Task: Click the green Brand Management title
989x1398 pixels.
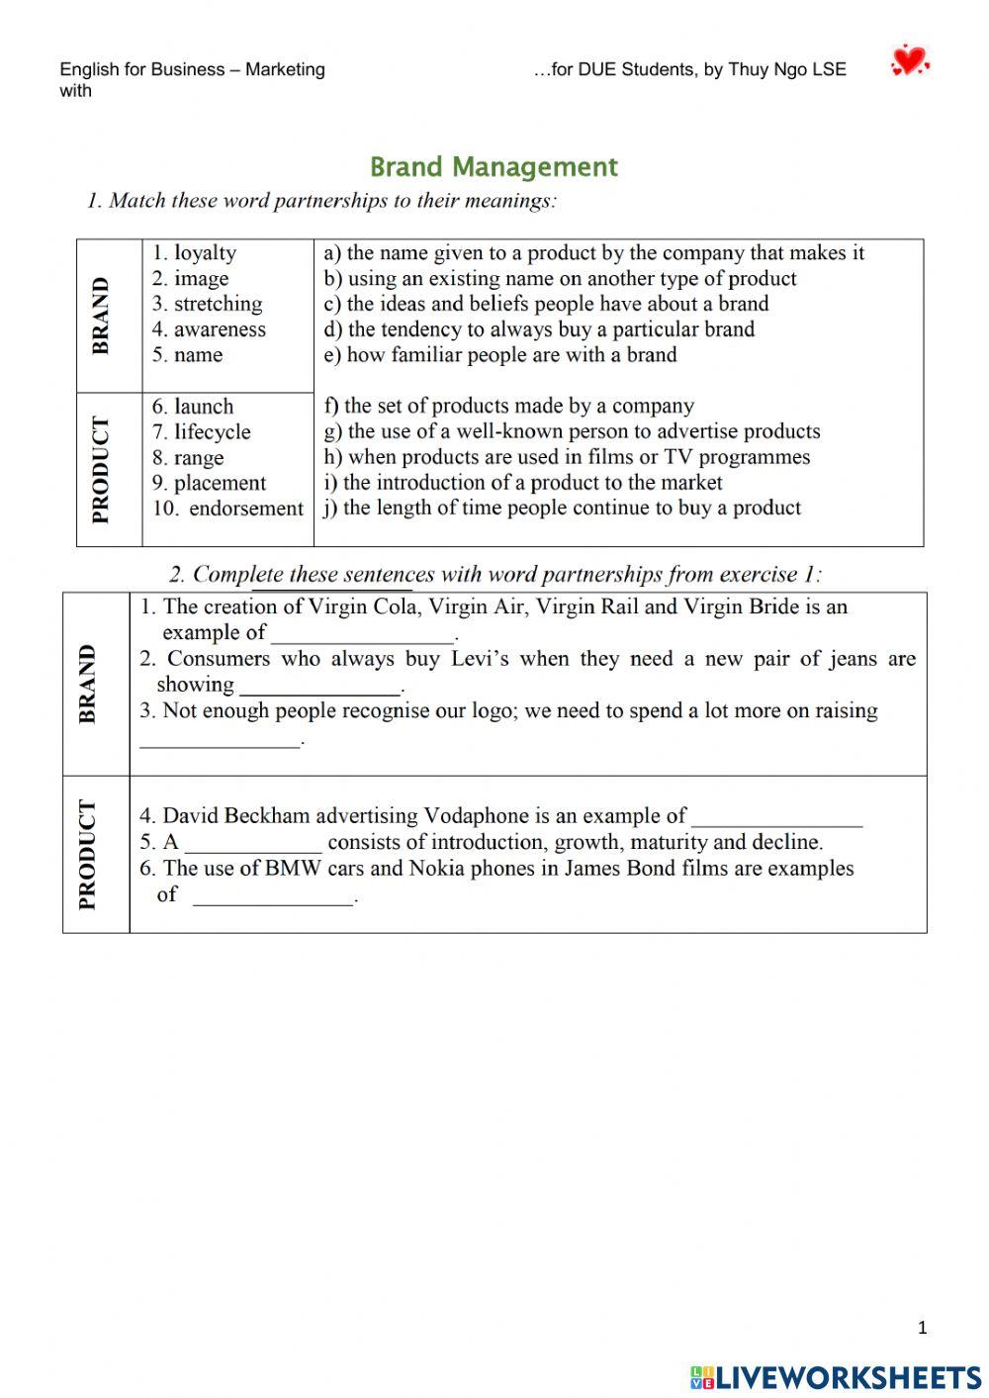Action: tap(494, 167)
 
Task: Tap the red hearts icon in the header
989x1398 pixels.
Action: tap(909, 61)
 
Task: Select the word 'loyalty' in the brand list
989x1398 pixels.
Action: tap(205, 253)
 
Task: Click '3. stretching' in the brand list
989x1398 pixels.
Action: tap(208, 304)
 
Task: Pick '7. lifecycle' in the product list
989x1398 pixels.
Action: tap(202, 432)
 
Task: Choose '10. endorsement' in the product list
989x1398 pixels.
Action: tap(227, 509)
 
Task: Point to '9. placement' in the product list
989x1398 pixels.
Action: tap(209, 483)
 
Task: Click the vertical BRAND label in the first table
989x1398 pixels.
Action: tap(101, 316)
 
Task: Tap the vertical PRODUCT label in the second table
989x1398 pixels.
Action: tap(88, 854)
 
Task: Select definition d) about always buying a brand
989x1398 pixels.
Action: tap(539, 329)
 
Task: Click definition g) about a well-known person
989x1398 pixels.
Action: tap(572, 431)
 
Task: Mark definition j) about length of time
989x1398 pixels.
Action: tap(562, 509)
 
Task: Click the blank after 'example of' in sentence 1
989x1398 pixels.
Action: tap(363, 635)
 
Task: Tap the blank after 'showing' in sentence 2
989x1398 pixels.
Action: tap(320, 687)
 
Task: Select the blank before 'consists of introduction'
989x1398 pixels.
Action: tap(253, 844)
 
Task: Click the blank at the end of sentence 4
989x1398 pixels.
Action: tap(777, 818)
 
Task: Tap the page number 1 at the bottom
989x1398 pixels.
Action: tap(923, 1328)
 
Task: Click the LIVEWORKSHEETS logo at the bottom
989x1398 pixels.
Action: tap(836, 1377)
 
